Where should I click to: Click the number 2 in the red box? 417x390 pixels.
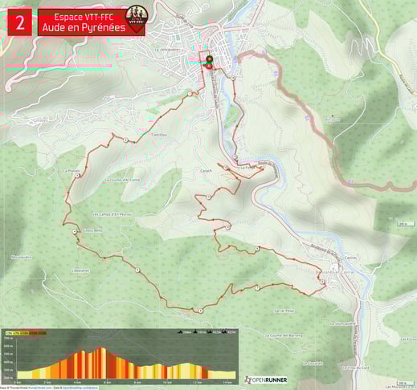[x=19, y=22]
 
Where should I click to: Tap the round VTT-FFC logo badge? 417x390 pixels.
[x=136, y=20]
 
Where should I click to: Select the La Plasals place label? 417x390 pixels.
[x=72, y=171]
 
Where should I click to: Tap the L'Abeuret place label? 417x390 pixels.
[x=80, y=270]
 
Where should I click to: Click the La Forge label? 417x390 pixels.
[x=247, y=167]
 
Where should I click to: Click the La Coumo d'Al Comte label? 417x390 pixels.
[x=123, y=180]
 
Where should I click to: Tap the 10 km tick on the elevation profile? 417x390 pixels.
[x=167, y=381]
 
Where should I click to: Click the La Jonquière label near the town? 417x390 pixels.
[x=166, y=48]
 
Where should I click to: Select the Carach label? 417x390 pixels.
[x=205, y=171]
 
